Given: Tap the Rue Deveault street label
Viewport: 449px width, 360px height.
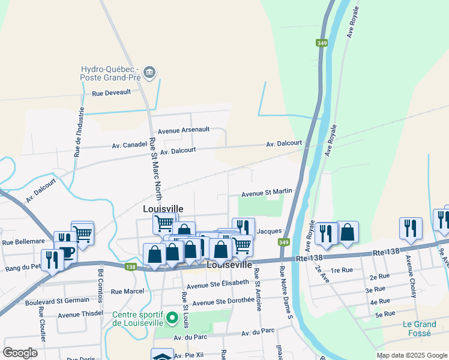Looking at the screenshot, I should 111,94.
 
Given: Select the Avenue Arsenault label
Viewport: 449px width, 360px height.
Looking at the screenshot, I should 184,130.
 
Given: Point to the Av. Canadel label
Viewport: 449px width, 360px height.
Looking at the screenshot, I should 129,145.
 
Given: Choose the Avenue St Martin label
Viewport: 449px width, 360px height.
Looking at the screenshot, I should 267,193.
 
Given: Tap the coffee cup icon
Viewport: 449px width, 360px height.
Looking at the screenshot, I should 66,252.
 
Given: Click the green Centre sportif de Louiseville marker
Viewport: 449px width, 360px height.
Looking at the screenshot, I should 172,317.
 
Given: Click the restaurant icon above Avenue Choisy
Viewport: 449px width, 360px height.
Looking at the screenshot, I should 411,228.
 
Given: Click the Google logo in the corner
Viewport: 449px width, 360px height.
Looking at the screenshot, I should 20,353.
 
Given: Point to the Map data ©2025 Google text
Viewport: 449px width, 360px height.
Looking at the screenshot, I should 412,355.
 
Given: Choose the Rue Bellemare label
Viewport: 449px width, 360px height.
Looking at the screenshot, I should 23,242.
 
